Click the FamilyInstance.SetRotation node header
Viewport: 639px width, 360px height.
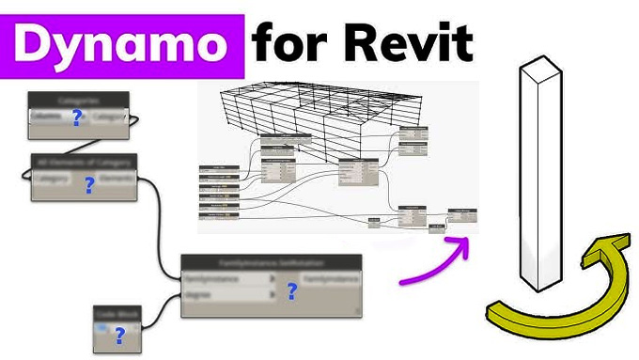click(x=270, y=263)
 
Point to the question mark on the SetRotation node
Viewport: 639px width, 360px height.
click(x=291, y=292)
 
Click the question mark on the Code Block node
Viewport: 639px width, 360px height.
click(x=119, y=335)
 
